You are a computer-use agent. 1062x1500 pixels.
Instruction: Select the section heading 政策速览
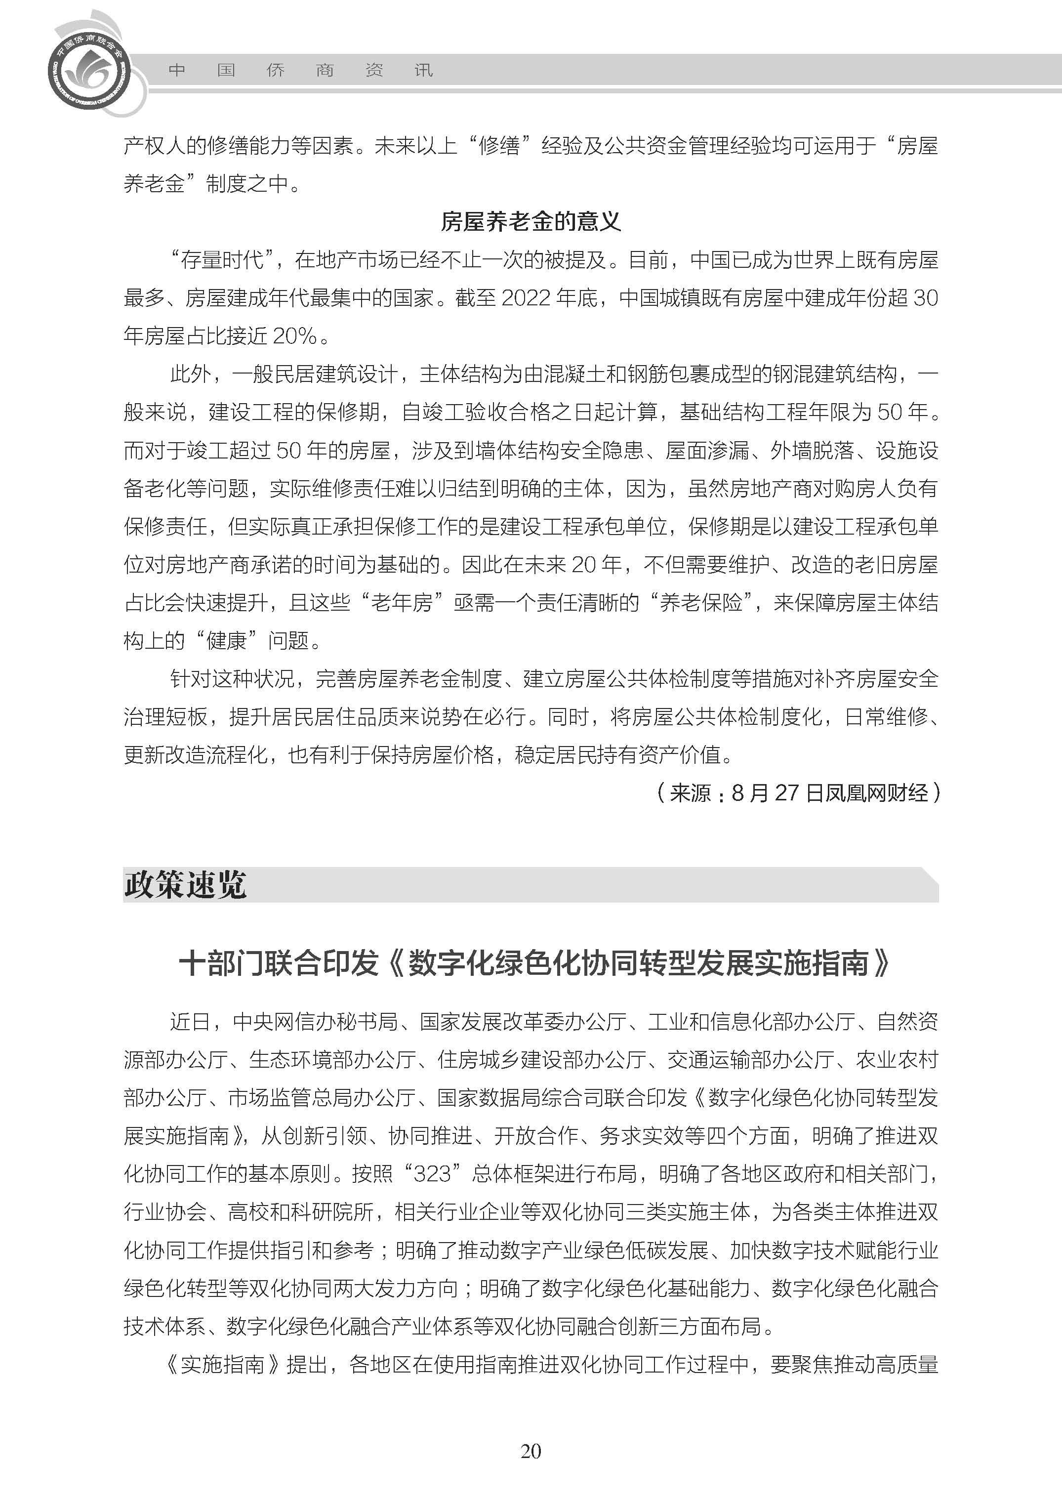pyautogui.click(x=185, y=885)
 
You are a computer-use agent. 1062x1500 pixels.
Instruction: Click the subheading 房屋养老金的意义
pyautogui.click(x=531, y=222)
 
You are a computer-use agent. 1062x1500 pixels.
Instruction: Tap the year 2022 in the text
pyautogui.click(x=527, y=298)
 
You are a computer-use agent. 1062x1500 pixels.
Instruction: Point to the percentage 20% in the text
pyautogui.click(x=295, y=336)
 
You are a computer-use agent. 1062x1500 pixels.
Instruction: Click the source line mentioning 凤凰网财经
pyautogui.click(x=798, y=793)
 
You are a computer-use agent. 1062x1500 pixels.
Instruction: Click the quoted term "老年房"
pyautogui.click(x=402, y=602)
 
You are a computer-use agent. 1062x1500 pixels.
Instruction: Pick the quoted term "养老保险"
pyautogui.click(x=700, y=602)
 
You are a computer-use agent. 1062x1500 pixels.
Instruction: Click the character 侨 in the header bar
pyautogui.click(x=275, y=71)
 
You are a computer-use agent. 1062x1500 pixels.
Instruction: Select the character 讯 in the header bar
pyautogui.click(x=423, y=71)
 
